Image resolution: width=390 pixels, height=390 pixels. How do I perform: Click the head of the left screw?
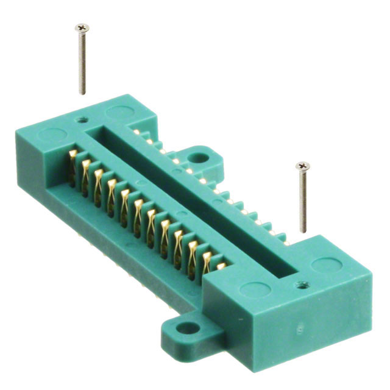point(82,27)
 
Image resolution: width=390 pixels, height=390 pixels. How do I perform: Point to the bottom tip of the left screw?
point(82,93)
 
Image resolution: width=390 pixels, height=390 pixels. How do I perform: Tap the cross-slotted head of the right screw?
point(303,166)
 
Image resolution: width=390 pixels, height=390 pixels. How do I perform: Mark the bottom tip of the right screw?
point(303,231)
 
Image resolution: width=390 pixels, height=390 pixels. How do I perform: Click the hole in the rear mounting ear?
point(196,158)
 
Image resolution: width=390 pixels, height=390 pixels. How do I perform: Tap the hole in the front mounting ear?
point(190,329)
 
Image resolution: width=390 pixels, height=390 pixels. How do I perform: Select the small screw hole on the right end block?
point(300,284)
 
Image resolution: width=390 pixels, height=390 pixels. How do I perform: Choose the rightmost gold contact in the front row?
point(221,266)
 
